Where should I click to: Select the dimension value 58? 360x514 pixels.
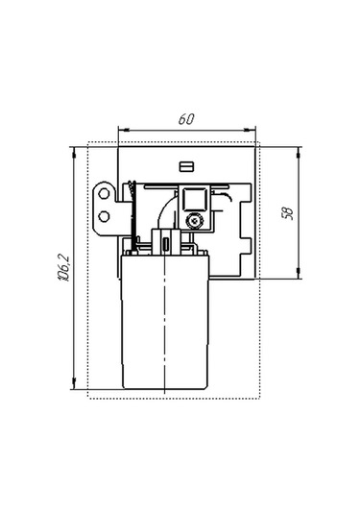coord(286,213)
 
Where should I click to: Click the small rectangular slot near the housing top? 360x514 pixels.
coord(187,164)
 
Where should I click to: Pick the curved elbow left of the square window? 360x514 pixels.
coord(166,206)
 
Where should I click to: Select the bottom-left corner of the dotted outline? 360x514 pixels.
coord(88,397)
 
